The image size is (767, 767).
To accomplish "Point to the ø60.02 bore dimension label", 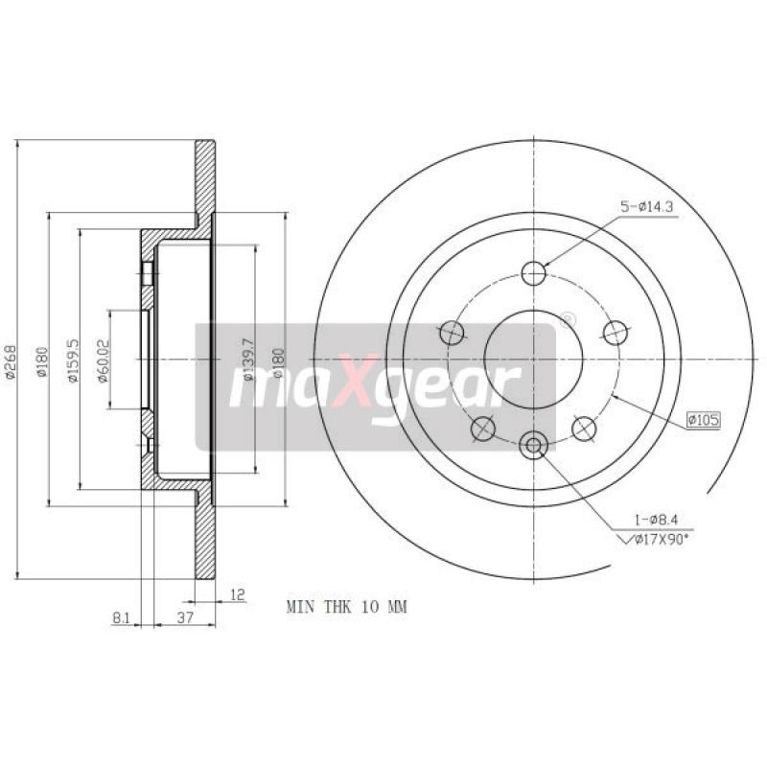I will (102, 360).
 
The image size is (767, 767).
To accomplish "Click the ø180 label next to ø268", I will (41, 360).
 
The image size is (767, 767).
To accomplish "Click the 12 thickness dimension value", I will (239, 595).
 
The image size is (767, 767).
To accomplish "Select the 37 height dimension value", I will (186, 619).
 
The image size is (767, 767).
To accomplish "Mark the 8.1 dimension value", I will (122, 619).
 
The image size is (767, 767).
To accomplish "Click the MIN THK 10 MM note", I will (347, 607).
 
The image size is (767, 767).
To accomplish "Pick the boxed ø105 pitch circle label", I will (703, 419).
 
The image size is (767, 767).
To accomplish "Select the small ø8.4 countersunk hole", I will (534, 443).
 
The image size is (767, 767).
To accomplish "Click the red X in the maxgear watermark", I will (353, 389).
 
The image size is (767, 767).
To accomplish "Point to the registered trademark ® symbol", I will (568, 317).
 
